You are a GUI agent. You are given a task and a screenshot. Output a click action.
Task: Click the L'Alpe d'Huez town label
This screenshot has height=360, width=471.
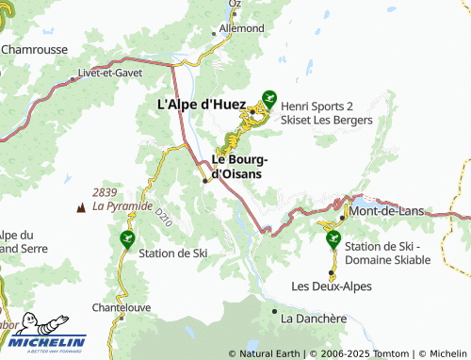(200, 105)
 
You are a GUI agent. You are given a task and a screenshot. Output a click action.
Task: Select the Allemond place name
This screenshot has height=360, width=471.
(242, 29)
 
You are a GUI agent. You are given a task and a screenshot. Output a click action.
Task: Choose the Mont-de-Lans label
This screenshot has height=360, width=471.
(385, 213)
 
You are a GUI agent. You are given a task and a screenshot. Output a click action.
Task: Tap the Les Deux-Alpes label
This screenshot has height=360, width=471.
(332, 286)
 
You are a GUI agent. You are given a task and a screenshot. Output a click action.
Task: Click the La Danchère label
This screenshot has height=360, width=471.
(313, 319)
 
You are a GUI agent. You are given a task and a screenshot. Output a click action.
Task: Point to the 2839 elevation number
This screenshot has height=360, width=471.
(105, 192)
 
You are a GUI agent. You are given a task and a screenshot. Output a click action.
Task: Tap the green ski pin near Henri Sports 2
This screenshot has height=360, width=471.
(269, 97)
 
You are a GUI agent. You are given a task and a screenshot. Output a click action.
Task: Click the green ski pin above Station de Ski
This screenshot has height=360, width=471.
(127, 240)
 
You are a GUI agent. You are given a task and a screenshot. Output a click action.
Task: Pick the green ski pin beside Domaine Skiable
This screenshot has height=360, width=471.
(332, 239)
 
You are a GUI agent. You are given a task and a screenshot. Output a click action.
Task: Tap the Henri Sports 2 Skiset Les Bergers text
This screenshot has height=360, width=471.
(327, 113)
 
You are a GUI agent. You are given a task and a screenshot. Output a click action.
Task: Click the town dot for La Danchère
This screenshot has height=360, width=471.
(274, 310)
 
